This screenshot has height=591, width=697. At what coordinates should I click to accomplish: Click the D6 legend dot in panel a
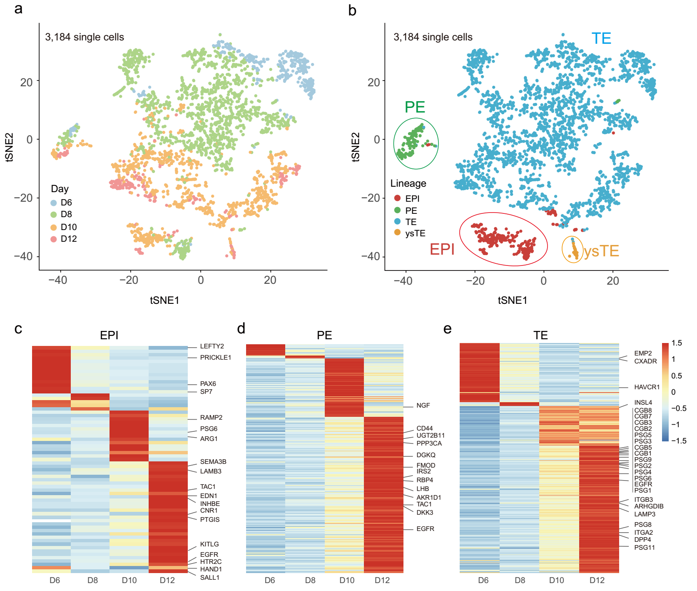[x=54, y=203]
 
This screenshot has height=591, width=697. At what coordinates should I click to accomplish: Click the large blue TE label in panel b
[x=601, y=39]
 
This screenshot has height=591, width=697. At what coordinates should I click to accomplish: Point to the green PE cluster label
[x=415, y=107]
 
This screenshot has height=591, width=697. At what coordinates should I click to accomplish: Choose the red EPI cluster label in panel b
[x=442, y=249]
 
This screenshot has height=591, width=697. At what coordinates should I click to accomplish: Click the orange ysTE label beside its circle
[x=601, y=251]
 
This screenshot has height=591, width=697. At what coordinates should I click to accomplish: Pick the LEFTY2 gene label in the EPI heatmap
[x=212, y=346]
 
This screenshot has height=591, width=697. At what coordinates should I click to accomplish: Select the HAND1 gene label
[x=211, y=569]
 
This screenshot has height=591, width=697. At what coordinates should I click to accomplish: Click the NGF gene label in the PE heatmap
[x=423, y=406]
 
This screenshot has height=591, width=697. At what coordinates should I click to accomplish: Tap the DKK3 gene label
[x=425, y=513]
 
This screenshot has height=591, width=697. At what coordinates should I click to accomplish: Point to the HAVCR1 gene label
[x=647, y=387]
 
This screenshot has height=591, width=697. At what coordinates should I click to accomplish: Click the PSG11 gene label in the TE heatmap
[x=644, y=548]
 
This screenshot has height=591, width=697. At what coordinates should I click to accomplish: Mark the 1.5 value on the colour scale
[x=677, y=343]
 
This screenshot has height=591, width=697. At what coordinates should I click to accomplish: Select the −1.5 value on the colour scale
[x=678, y=441]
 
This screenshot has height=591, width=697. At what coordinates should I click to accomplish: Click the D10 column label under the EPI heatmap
[x=129, y=581]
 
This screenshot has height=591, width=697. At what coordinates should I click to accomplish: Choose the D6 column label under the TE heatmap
[x=483, y=581]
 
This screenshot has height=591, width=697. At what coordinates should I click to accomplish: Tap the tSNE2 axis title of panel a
[x=9, y=147]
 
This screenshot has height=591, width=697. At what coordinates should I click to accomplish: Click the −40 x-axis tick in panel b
[x=403, y=281]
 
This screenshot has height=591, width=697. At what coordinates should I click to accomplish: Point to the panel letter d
[x=241, y=329]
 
